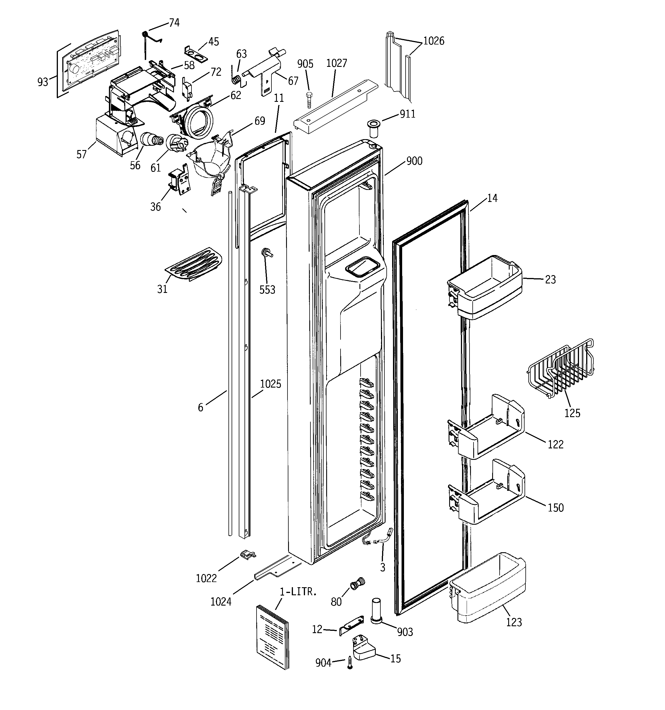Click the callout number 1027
pos(336,63)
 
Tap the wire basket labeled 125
pos(560,370)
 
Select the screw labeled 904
pos(350,663)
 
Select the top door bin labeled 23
pos(486,286)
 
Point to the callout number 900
pos(414,161)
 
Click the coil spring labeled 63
pos(236,80)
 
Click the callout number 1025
pos(270,384)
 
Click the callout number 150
pos(556,507)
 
